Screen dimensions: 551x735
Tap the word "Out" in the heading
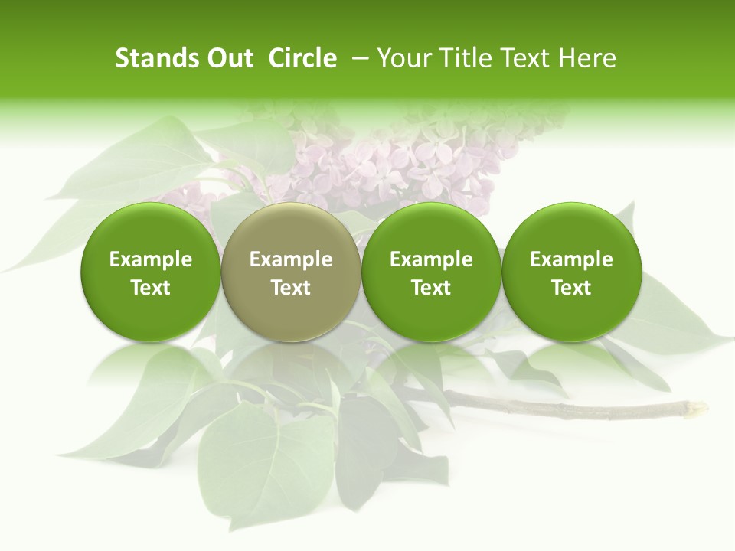pyautogui.click(x=228, y=58)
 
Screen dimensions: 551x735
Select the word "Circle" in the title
pyautogui.click(x=302, y=58)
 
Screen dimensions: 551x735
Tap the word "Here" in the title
pyautogui.click(x=587, y=58)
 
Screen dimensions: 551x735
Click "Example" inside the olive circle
pyautogui.click(x=291, y=259)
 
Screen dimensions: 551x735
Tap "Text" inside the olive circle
pyautogui.click(x=291, y=288)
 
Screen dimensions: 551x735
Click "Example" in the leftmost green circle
pyautogui.click(x=151, y=259)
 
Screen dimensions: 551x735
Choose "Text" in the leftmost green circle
pyautogui.click(x=151, y=288)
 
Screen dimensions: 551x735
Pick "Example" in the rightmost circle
pyautogui.click(x=572, y=259)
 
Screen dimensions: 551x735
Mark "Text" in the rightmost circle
pyautogui.click(x=572, y=288)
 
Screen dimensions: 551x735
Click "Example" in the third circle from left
pyautogui.click(x=431, y=259)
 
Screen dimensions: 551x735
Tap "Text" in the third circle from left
pyautogui.click(x=431, y=288)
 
